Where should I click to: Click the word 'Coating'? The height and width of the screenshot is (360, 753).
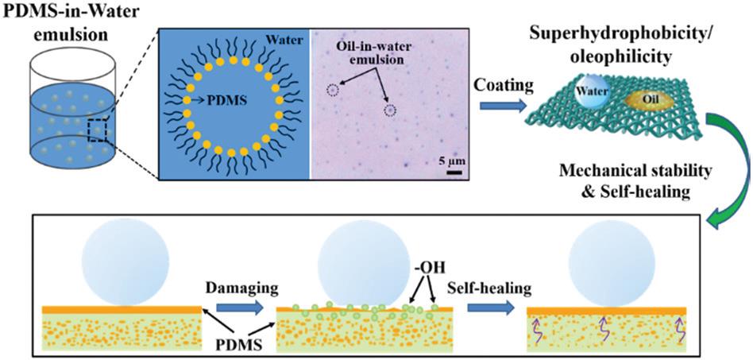click(504, 87)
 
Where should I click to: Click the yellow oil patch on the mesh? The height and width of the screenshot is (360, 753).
click(647, 101)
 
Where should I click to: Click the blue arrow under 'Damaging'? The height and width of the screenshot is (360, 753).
click(240, 308)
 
